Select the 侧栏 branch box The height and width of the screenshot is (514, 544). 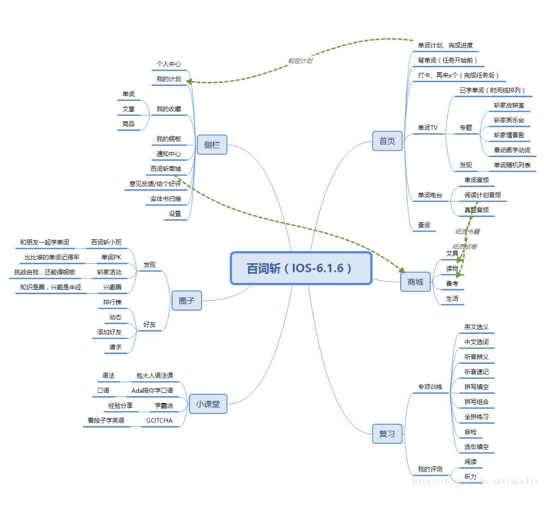pos(212,145)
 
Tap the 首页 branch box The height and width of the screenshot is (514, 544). pos(387,141)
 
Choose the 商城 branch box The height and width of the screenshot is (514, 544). pos(415,282)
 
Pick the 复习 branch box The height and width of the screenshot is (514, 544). pos(387,434)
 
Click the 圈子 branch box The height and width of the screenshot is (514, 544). pos(186,300)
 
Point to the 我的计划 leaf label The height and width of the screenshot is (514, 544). pos(168,79)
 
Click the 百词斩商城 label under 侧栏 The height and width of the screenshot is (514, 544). pos(166,169)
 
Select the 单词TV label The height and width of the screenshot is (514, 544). pos(427,128)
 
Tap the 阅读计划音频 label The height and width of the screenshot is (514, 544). pos(482,195)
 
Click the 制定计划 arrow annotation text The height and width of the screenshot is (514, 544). pos(300,61)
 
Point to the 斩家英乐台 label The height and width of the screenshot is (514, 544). pos(509,120)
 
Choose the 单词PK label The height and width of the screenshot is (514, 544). pos(111,257)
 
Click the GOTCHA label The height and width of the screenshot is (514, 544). pos(159,420)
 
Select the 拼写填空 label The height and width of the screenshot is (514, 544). pos(476,387)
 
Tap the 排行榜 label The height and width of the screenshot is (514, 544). pos(112,302)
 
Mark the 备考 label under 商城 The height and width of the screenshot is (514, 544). pos(452,283)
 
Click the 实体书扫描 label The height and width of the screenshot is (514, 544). pos(166,199)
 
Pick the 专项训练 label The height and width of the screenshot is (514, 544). pos(430,387)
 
